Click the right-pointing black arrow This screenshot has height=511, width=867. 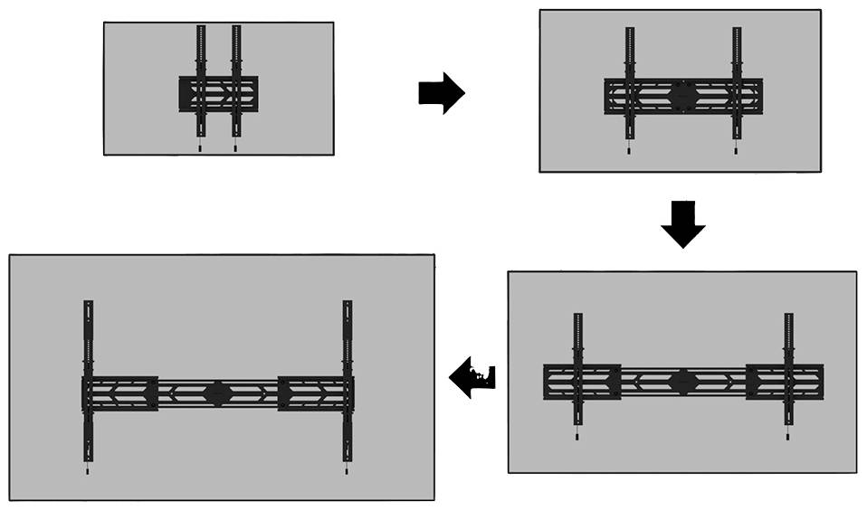[441, 93]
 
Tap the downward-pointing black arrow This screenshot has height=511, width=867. [682, 225]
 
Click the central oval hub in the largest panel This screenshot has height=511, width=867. [217, 393]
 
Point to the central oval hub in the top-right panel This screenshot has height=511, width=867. [683, 95]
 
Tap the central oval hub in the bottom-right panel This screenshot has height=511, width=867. [683, 381]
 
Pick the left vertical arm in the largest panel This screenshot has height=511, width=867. [88, 344]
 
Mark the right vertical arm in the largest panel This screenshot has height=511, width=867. [347, 344]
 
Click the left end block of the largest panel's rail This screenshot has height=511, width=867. [120, 393]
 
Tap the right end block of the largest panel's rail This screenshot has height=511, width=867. [313, 393]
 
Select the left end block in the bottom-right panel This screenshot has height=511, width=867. [581, 382]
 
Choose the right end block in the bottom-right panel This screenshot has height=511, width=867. [785, 382]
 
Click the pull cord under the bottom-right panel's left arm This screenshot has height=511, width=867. [577, 435]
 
